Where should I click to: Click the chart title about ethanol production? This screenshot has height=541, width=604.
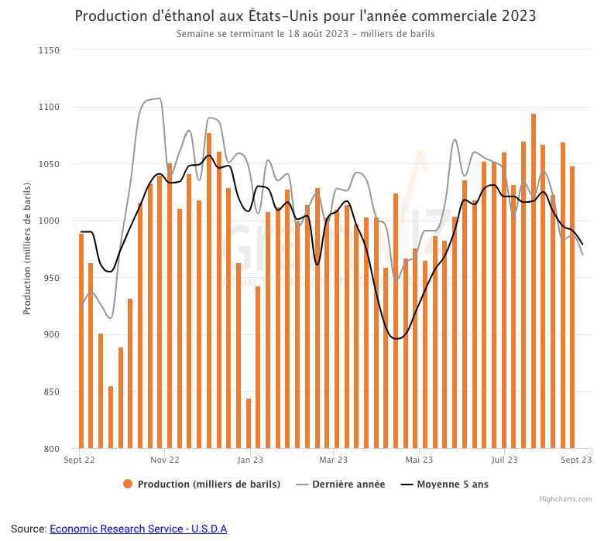(x=305, y=16)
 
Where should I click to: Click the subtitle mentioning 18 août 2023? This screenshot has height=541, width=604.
(x=305, y=34)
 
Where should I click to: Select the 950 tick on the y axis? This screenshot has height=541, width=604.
(x=50, y=278)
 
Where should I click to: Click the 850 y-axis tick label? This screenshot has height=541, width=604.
(x=50, y=392)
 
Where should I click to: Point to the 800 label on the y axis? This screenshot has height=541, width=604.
(x=50, y=449)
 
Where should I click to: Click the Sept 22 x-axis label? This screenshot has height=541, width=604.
(x=79, y=460)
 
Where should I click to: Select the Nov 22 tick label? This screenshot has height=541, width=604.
(x=164, y=460)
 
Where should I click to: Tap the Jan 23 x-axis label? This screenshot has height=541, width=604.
(x=251, y=460)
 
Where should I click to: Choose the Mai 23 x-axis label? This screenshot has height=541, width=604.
(x=419, y=460)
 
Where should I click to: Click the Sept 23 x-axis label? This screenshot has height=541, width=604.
(x=576, y=460)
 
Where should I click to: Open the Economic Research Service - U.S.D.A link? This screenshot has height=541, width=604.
(x=138, y=529)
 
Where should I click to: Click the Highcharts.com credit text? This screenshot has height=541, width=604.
(x=565, y=499)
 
